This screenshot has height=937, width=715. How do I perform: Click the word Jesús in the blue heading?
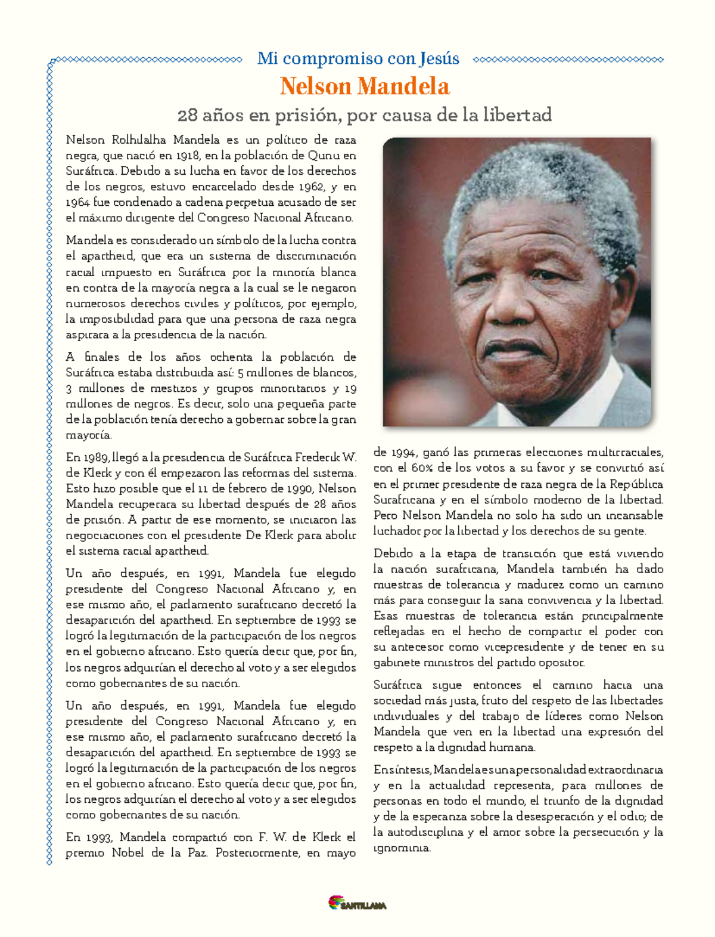[439, 59]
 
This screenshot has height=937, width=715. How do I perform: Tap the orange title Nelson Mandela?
[365, 86]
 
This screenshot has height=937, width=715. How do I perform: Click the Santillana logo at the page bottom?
[357, 904]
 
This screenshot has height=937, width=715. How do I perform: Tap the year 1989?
[97, 457]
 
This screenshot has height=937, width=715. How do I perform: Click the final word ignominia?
[402, 848]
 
